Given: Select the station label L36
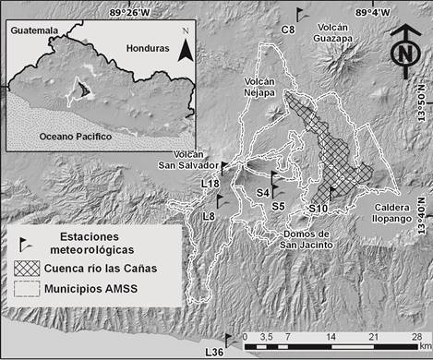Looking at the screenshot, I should point(214,352).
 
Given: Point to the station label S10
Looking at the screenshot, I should point(319,209).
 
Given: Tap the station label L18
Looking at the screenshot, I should point(210,184).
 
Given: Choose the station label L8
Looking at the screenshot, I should point(210,215).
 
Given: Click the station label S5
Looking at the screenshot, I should point(277,206).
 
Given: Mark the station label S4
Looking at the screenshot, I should point(263,192).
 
